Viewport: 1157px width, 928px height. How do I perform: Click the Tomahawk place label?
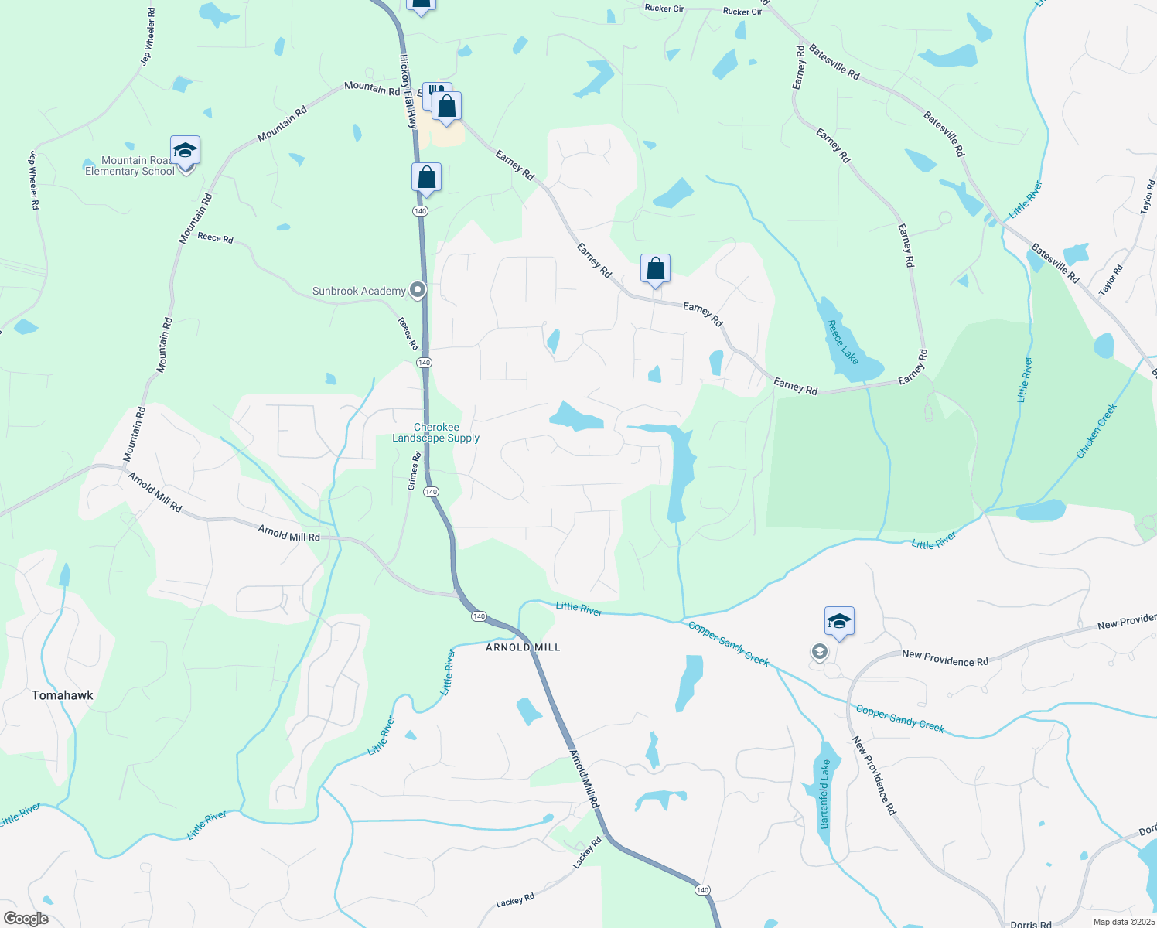[63, 695]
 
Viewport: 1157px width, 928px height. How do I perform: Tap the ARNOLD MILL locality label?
[523, 647]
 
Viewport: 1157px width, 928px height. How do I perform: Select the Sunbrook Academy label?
[359, 292]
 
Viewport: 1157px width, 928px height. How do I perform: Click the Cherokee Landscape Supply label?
[436, 433]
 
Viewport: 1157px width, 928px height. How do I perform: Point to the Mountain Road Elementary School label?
[130, 166]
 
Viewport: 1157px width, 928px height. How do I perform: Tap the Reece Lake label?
[843, 343]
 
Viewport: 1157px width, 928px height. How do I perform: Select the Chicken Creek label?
[1097, 431]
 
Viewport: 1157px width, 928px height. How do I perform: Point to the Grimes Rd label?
[415, 471]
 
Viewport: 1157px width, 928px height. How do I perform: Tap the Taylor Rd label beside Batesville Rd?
[1112, 281]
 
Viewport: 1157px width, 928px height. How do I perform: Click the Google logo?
[26, 919]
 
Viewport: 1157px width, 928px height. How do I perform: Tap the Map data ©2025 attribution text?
[1123, 922]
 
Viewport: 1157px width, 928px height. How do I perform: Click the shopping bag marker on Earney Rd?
[655, 269]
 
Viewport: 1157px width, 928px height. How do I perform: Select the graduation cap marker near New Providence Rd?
[839, 621]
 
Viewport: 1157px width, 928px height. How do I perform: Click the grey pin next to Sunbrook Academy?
[418, 291]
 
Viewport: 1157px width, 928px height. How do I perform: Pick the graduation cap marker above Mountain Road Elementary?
[185, 150]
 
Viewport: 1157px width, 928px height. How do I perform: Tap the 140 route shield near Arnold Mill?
[479, 616]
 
